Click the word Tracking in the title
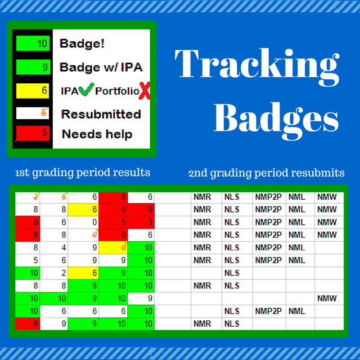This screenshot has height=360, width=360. (257, 67)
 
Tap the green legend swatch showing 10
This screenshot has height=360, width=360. (33, 43)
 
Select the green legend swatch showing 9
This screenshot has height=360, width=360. (33, 67)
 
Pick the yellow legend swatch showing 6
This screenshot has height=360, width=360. (32, 91)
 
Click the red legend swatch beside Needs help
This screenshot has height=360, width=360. (32, 133)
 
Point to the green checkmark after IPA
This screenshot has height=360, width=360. (86, 89)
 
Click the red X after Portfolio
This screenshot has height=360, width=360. (144, 91)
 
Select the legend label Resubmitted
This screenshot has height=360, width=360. (101, 114)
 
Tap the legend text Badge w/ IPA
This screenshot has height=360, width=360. (101, 67)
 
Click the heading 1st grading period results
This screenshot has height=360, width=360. (83, 173)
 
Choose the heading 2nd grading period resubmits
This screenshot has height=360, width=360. (266, 173)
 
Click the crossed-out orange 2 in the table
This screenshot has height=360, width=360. (36, 197)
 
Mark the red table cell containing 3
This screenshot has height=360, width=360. (141, 222)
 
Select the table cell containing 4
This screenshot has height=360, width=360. (54, 248)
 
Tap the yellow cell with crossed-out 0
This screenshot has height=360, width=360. (113, 248)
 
